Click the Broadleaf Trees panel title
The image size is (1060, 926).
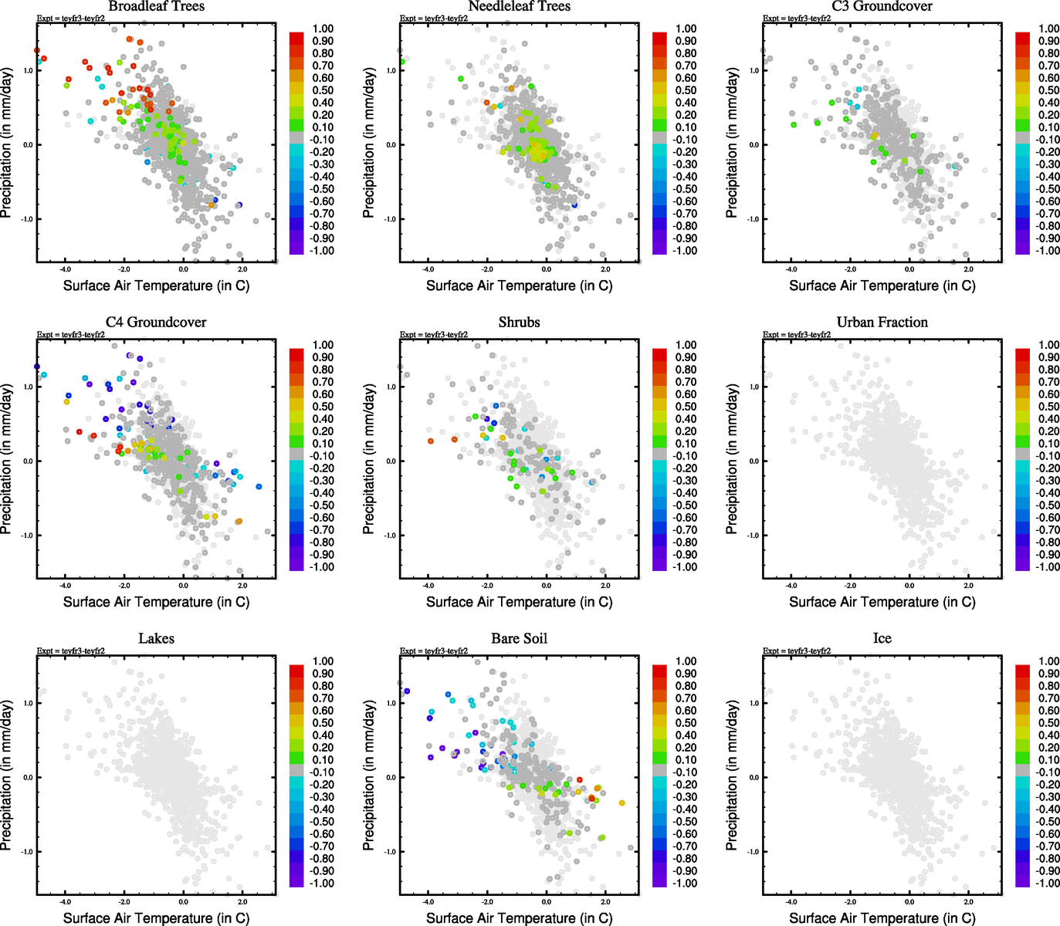pyautogui.click(x=156, y=7)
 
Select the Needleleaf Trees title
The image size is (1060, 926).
pyautogui.click(x=519, y=7)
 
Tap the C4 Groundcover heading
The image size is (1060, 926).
pyautogui.click(x=156, y=323)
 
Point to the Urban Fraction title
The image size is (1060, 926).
pyautogui.click(x=882, y=323)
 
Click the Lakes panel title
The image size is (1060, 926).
pyautogui.click(x=156, y=639)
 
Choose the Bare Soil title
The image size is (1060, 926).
pyautogui.click(x=519, y=639)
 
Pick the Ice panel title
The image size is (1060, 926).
pyautogui.click(x=882, y=639)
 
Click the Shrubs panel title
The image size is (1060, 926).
pyautogui.click(x=519, y=323)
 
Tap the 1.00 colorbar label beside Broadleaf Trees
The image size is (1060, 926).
pyautogui.click(x=323, y=29)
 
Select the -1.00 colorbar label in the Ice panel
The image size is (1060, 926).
pyautogui.click(x=1048, y=883)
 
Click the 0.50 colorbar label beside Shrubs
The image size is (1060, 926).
pyautogui.click(x=686, y=407)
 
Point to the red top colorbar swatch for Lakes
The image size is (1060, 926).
pyautogui.click(x=296, y=670)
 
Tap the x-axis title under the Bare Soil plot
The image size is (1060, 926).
pyautogui.click(x=519, y=918)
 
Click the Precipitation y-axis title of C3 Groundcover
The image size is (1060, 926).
pyautogui.click(x=732, y=143)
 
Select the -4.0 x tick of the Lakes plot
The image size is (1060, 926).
pyautogui.click(x=65, y=901)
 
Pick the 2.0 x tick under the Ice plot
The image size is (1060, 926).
pyautogui.click(x=968, y=901)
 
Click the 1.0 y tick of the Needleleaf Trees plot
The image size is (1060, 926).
pyautogui.click(x=391, y=70)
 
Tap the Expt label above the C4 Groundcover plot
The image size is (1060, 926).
pyautogui.click(x=71, y=335)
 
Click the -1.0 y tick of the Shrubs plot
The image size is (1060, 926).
pyautogui.click(x=391, y=535)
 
